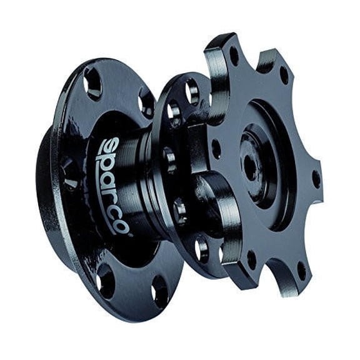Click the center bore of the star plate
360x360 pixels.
click(250, 165)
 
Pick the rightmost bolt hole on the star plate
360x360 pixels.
click(316, 178)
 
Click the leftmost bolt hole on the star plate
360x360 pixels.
click(216, 149)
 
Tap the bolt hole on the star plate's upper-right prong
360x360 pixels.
click(284, 76)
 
